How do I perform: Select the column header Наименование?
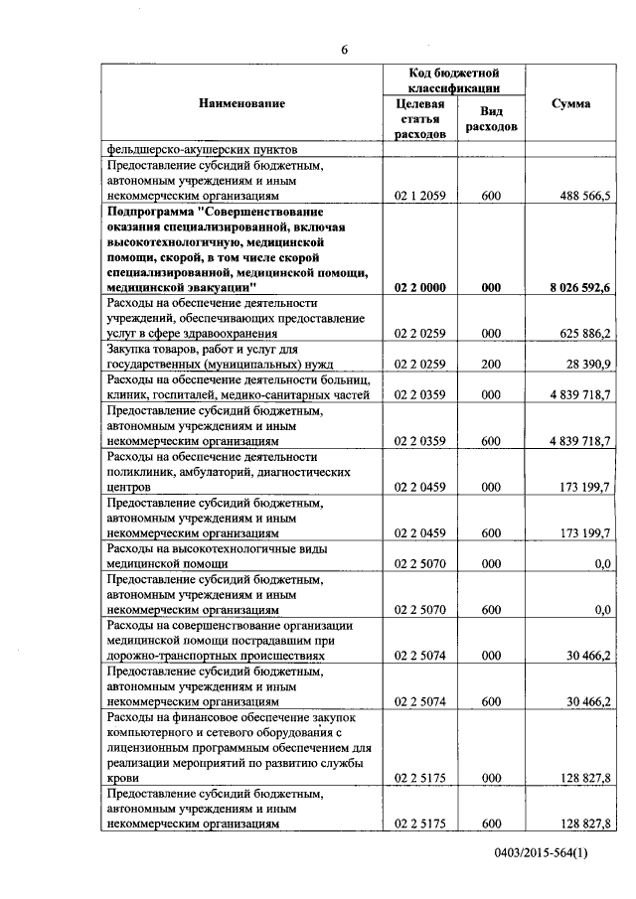(241, 103)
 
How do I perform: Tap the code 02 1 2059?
(419, 198)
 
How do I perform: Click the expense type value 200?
(490, 367)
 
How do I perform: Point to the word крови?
(122, 779)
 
